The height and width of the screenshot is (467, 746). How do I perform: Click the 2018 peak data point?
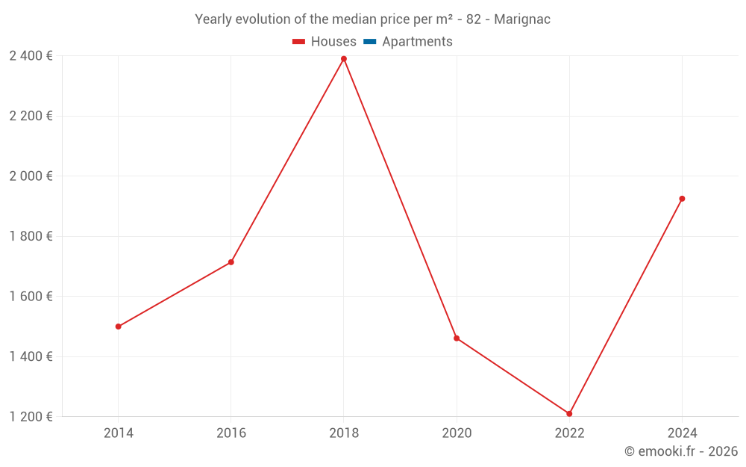coord(344,59)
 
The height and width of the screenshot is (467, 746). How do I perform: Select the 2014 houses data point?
coord(119,327)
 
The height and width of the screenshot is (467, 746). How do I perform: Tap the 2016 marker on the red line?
coord(231,262)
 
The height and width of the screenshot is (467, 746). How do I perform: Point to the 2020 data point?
coord(457,338)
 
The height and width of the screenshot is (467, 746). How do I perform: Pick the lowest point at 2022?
coord(569,414)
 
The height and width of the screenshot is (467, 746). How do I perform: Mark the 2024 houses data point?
coord(682,199)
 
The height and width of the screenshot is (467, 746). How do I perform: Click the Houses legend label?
coord(333,42)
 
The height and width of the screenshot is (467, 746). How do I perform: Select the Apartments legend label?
coord(417,42)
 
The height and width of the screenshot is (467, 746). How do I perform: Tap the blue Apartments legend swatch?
coord(370,42)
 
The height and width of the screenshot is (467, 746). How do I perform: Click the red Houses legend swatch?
coord(299,42)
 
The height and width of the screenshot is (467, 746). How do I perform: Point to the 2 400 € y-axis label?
coord(31,56)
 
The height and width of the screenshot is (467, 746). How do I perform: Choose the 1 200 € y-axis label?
coord(31,417)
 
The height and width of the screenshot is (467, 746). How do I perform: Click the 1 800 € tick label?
coord(31,236)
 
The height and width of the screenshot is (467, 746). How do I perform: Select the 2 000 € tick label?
coord(31,176)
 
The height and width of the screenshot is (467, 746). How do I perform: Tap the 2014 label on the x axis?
coord(119,433)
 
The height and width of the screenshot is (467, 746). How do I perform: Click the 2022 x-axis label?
coord(569,433)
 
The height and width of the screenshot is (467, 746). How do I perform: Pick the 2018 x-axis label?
coord(344,433)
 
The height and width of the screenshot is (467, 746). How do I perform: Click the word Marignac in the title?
coord(522,19)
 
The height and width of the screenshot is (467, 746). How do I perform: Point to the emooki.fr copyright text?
coord(681,451)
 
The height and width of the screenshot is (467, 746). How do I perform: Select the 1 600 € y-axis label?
coord(31,297)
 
